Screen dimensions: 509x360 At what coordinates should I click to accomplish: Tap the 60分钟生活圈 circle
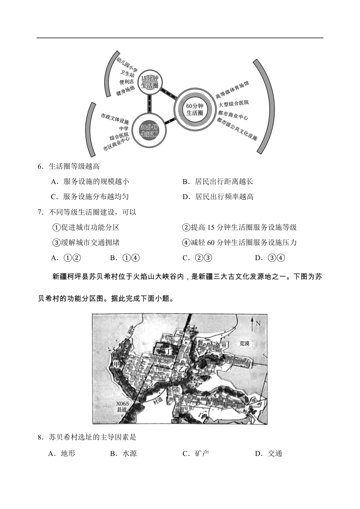194,109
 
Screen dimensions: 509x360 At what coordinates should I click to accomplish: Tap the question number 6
40,166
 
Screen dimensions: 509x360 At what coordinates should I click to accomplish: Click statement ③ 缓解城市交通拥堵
86,243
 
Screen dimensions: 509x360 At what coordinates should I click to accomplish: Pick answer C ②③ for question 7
197,258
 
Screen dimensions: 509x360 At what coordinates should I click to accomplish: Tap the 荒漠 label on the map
245,344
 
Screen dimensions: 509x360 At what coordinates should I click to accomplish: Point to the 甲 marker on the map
117,364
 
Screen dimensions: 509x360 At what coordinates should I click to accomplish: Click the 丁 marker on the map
168,352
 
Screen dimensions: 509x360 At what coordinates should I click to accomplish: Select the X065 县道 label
122,407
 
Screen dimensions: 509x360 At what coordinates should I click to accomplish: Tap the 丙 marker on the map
249,421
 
